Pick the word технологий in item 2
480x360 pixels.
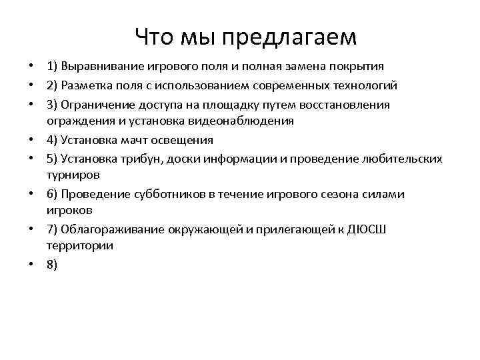click(x=365, y=86)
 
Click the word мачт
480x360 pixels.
click(x=141, y=140)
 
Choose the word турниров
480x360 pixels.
click(x=73, y=175)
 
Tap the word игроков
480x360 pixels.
click(x=69, y=209)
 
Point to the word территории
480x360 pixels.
click(x=79, y=245)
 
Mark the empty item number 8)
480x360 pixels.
click(x=52, y=264)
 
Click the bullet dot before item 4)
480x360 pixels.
click(x=31, y=141)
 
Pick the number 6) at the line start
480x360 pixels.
click(x=52, y=194)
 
